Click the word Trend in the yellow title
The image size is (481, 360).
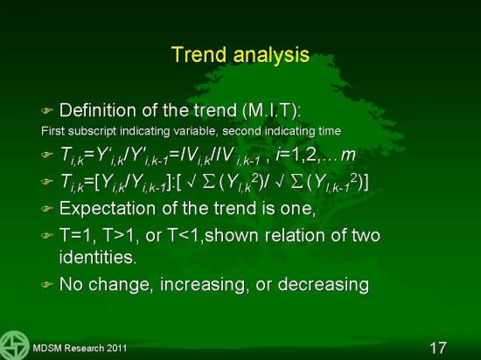199,54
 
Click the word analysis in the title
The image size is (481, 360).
271,55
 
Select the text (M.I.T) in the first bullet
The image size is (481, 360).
271,110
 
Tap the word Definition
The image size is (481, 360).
98,110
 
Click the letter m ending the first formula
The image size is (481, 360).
348,156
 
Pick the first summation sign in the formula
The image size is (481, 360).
209,183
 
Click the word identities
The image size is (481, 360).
98,257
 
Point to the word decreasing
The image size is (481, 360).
324,284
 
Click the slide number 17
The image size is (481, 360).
438,348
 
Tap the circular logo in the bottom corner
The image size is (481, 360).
14,345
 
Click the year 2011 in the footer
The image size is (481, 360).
116,348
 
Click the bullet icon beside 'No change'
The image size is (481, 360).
47,285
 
